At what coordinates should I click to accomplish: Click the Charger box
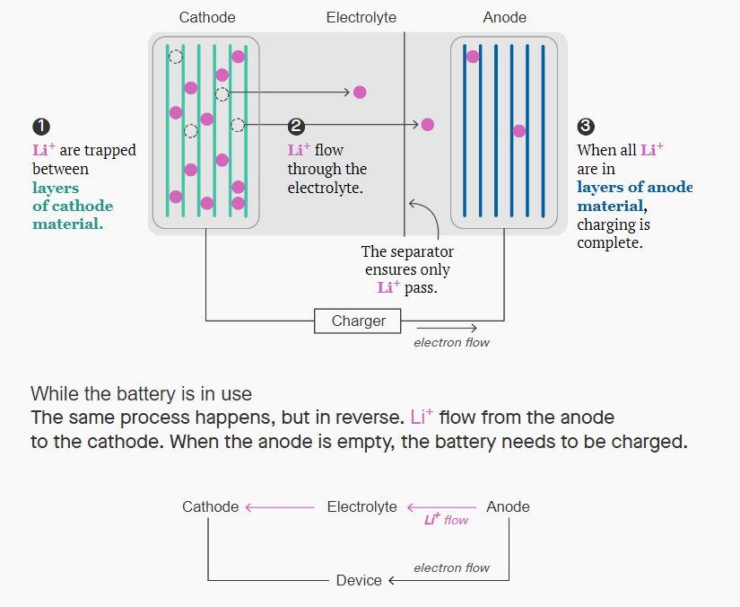(x=358, y=321)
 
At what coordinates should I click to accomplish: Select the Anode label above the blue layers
(x=504, y=17)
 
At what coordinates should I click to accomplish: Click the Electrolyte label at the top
(x=361, y=17)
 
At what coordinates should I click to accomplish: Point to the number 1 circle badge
(x=40, y=127)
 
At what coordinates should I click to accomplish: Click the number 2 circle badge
(x=296, y=127)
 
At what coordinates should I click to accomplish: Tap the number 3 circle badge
(x=586, y=127)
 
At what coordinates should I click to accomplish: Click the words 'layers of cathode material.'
(x=73, y=206)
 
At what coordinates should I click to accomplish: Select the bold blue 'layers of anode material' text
(x=634, y=196)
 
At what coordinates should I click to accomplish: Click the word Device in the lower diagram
(x=359, y=581)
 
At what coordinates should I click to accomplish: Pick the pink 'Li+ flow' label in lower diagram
(x=447, y=520)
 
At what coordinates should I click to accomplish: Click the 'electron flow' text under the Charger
(x=451, y=342)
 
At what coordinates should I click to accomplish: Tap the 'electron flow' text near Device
(x=451, y=567)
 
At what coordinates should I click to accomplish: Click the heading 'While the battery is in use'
(x=141, y=393)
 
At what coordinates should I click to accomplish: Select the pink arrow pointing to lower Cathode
(x=278, y=507)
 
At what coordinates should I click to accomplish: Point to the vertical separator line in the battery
(x=405, y=135)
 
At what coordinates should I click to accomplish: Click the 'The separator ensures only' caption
(x=407, y=260)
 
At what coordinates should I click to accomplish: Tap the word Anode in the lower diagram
(x=508, y=506)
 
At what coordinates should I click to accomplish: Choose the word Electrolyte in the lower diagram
(x=361, y=506)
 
